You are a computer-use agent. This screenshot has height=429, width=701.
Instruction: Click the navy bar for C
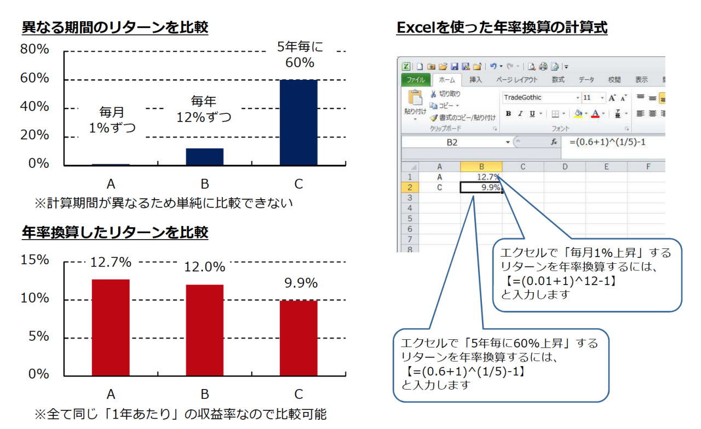[x=298, y=122]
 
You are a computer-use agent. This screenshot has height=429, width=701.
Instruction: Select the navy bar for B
[x=205, y=156]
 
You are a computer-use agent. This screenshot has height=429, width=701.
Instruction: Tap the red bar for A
[x=111, y=327]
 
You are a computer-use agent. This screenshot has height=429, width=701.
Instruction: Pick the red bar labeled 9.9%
[x=298, y=338]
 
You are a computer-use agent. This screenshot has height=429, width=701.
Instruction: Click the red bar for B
[x=205, y=330]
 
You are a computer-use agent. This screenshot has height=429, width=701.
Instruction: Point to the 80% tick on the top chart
[x=35, y=49]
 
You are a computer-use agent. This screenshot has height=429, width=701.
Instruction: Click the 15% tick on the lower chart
[x=35, y=260]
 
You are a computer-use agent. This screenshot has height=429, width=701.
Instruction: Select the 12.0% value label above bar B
[x=205, y=267]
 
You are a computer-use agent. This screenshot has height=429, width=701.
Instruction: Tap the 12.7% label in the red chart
[x=111, y=262]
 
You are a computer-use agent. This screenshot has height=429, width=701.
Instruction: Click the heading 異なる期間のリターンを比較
[x=115, y=27]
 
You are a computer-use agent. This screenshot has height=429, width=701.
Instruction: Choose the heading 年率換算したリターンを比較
[x=115, y=233]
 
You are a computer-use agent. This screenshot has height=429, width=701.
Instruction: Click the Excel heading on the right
[x=502, y=27]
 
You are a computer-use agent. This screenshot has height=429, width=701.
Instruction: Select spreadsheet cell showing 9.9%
[x=481, y=187]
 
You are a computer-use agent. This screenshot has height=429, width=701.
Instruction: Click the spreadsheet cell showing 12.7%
[x=481, y=177]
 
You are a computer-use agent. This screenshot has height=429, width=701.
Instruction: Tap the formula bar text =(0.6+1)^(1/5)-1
[x=607, y=142]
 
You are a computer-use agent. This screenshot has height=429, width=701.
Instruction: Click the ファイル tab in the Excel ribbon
[x=416, y=80]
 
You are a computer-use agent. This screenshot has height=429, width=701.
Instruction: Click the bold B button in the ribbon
[x=509, y=114]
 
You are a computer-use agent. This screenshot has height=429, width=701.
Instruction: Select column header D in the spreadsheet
[x=565, y=167]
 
